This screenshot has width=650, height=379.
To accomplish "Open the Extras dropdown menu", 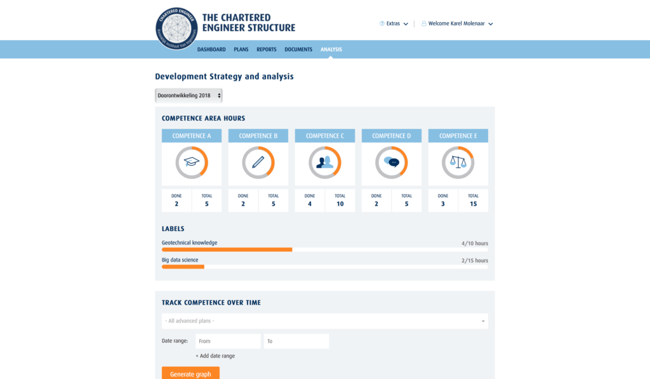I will (394, 23).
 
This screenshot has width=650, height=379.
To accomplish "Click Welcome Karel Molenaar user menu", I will (457, 23).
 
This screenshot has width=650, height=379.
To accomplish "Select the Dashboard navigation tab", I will (211, 50).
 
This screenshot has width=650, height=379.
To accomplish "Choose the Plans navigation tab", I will (241, 50).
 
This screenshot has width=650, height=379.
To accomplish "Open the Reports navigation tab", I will (267, 50).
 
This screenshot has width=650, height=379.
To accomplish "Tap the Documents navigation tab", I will (298, 50).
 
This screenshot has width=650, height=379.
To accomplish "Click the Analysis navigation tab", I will (331, 50).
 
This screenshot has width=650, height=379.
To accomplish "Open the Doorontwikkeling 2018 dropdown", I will (189, 95).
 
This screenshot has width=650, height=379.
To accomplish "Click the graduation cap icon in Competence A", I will (192, 163).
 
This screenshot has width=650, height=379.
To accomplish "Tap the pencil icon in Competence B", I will (258, 163).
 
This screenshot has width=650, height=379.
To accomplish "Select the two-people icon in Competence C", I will (325, 163).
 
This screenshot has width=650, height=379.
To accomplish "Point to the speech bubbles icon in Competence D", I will (392, 163).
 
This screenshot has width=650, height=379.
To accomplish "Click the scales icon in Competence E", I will (458, 163).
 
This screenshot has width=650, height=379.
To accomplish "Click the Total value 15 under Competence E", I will (473, 204).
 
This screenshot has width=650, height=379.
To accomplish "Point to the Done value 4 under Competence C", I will (310, 204).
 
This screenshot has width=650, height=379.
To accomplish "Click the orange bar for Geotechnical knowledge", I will (227, 249).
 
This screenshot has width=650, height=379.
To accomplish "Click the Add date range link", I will (215, 356).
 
